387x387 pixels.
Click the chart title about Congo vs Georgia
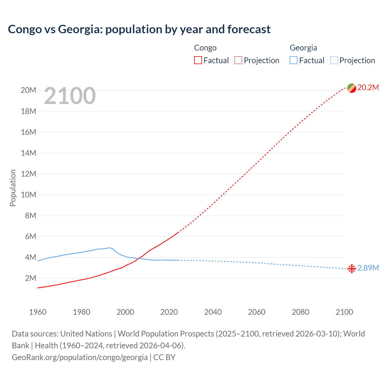(x=139, y=29)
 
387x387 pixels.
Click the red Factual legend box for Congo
(x=198, y=60)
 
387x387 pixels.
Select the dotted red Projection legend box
(x=238, y=60)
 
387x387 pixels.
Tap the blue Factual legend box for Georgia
(x=293, y=60)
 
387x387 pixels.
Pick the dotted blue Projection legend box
(x=334, y=60)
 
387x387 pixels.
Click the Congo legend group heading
(x=205, y=48)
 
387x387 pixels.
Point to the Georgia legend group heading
(x=303, y=48)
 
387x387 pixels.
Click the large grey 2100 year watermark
(x=70, y=96)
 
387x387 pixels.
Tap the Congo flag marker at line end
(x=352, y=88)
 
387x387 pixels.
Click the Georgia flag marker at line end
(x=352, y=268)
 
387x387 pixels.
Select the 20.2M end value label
(x=368, y=88)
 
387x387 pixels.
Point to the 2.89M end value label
(x=368, y=268)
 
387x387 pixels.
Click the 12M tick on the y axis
(x=28, y=174)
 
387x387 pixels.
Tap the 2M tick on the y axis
(x=30, y=278)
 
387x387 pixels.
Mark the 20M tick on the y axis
(x=28, y=90)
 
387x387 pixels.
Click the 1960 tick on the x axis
(x=38, y=312)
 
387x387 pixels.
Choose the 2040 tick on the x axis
(x=213, y=312)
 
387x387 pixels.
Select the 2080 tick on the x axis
(x=301, y=312)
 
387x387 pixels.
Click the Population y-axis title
(x=13, y=188)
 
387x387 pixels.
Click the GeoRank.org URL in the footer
(x=80, y=357)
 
